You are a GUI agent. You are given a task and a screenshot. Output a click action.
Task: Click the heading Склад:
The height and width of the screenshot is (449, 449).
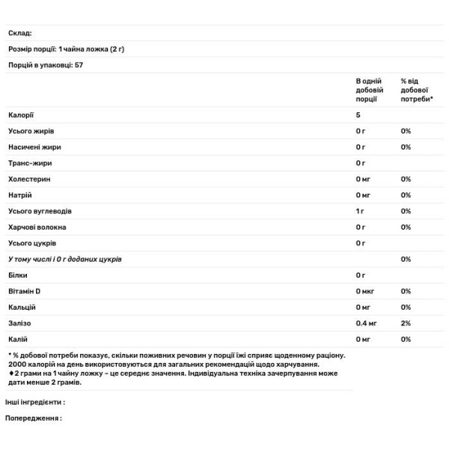(x=20, y=33)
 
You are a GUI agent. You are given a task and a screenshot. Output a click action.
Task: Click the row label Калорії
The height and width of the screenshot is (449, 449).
(x=22, y=114)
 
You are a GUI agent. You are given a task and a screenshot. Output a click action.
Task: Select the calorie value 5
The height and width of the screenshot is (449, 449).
(x=358, y=114)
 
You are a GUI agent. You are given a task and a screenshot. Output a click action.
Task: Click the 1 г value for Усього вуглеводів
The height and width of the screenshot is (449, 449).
(x=360, y=211)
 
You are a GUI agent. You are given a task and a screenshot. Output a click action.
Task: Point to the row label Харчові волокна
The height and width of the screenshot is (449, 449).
(x=37, y=227)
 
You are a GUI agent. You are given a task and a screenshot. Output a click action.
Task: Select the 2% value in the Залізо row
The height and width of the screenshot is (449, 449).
(x=406, y=323)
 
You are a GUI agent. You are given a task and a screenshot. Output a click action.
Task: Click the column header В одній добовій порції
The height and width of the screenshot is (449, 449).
(x=370, y=89)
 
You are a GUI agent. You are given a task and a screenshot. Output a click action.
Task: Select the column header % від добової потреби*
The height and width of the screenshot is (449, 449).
(x=416, y=89)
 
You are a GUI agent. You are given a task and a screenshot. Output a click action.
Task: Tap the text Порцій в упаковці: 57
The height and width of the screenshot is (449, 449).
(x=46, y=65)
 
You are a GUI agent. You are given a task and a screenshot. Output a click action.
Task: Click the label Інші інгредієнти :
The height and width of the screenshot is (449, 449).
(x=35, y=402)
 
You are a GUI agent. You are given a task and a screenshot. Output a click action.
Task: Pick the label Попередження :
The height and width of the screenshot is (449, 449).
(x=34, y=418)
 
